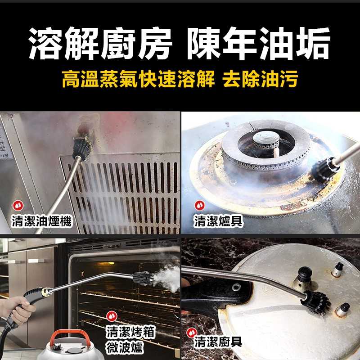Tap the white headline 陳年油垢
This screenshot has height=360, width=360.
[x=259, y=44]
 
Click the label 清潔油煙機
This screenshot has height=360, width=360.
[x=41, y=221]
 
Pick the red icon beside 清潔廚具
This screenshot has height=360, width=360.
[x=191, y=333]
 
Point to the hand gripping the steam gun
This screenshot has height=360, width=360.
[x=18, y=310]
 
